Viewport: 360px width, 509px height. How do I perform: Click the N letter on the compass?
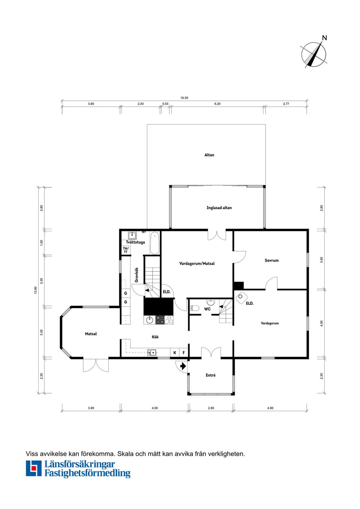pyautogui.click(x=324, y=38)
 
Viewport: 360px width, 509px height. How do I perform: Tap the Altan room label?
pyautogui.click(x=209, y=155)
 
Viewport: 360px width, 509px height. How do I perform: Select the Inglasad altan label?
pyautogui.click(x=219, y=208)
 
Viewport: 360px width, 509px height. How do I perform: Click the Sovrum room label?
pyautogui.click(x=271, y=260)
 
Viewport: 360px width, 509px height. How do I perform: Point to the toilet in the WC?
pyautogui.click(x=194, y=308)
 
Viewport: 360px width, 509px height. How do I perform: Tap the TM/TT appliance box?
pyautogui.click(x=126, y=250)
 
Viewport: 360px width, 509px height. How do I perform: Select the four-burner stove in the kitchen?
pyautogui.click(x=160, y=320)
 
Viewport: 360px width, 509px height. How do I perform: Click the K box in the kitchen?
pyautogui.click(x=174, y=353)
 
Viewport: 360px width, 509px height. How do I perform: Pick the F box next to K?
pyautogui.click(x=184, y=353)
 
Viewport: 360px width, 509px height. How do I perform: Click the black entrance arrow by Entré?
pyautogui.click(x=183, y=366)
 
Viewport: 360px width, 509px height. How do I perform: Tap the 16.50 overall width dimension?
pyautogui.click(x=184, y=98)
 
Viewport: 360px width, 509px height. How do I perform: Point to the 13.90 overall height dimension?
pyautogui.click(x=36, y=290)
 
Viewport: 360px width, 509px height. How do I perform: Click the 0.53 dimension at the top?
pyautogui.click(x=165, y=104)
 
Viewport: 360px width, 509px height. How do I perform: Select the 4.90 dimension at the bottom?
pyautogui.click(x=270, y=408)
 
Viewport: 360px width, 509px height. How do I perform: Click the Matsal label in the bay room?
pyautogui.click(x=91, y=334)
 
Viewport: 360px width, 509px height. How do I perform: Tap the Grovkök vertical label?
pyautogui.click(x=136, y=275)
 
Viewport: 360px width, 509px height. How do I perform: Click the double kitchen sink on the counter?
pyautogui.click(x=151, y=353)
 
